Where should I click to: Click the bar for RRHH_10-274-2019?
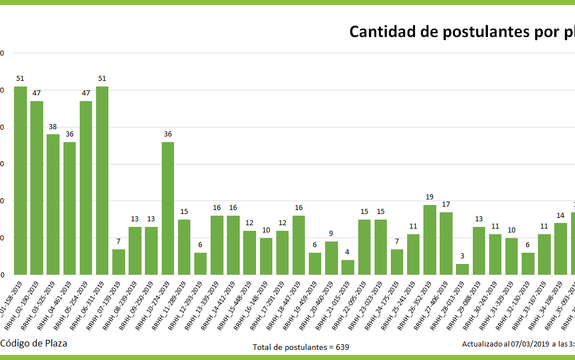point(168,208)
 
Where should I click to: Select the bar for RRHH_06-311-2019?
point(102,180)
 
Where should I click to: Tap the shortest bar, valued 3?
point(462,269)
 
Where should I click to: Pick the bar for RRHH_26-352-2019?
point(430,240)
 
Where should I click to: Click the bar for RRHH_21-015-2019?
point(348,267)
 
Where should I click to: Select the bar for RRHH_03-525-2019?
point(53,204)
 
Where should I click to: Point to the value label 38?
point(53,127)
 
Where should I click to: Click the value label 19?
point(430,197)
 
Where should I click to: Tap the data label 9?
point(331,234)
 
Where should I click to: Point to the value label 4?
point(348,252)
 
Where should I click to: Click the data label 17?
point(446,204)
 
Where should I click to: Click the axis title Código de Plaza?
point(34,343)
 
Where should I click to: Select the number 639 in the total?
point(343,347)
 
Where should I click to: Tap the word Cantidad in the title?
point(382,32)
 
